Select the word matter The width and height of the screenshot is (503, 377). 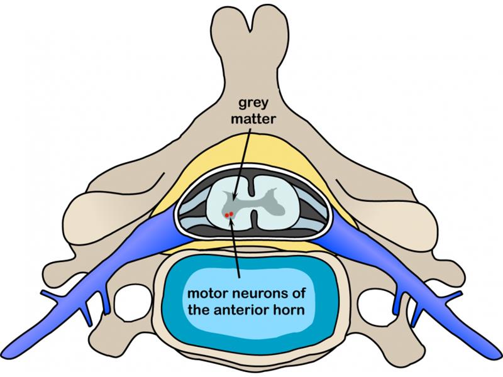click(253, 119)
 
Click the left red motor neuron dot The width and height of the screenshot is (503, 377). click(227, 215)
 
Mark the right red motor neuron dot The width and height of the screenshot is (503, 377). click(231, 214)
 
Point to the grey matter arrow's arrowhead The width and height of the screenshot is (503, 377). click(234, 198)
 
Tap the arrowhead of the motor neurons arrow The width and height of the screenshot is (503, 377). click(229, 221)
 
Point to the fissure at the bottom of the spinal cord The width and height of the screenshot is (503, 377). click(254, 219)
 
